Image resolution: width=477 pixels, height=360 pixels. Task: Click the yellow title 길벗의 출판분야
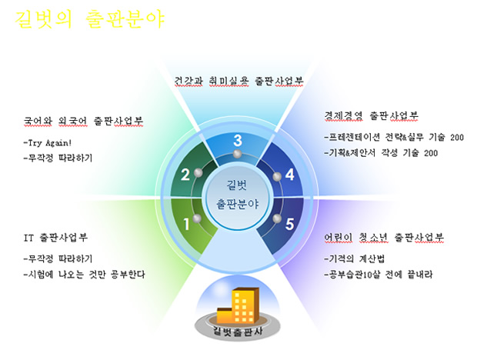tap(90, 19)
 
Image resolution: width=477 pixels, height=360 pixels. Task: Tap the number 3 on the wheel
tap(238, 141)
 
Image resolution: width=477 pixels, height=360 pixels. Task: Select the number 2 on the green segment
tap(185, 175)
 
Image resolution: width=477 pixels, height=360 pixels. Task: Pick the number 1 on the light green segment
tap(186, 224)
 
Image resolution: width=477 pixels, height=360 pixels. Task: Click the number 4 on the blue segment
tap(289, 175)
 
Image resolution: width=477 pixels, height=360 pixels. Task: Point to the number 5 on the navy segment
tap(289, 224)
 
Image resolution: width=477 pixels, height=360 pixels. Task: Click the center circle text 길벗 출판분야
tap(237, 195)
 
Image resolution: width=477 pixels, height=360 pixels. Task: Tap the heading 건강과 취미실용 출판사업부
tap(239, 82)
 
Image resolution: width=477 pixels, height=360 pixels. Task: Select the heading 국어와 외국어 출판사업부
tap(83, 121)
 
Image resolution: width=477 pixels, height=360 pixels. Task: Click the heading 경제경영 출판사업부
tap(371, 116)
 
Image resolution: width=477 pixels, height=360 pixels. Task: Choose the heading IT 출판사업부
tap(55, 238)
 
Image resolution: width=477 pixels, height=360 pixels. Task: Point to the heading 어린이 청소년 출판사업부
tap(384, 238)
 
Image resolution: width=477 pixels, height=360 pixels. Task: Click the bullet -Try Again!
tap(48, 142)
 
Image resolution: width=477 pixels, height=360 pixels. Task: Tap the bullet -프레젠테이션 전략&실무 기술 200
tap(394, 138)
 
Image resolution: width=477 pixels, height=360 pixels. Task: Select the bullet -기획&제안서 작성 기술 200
tap(381, 152)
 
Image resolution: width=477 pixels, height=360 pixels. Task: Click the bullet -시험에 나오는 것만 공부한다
tap(85, 275)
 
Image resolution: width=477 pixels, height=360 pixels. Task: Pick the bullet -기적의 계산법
tap(355, 259)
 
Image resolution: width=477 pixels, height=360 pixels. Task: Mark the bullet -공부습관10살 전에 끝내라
tap(378, 275)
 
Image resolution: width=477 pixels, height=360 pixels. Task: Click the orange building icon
tap(238, 305)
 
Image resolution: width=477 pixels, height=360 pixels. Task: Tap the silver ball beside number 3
tap(237, 154)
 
